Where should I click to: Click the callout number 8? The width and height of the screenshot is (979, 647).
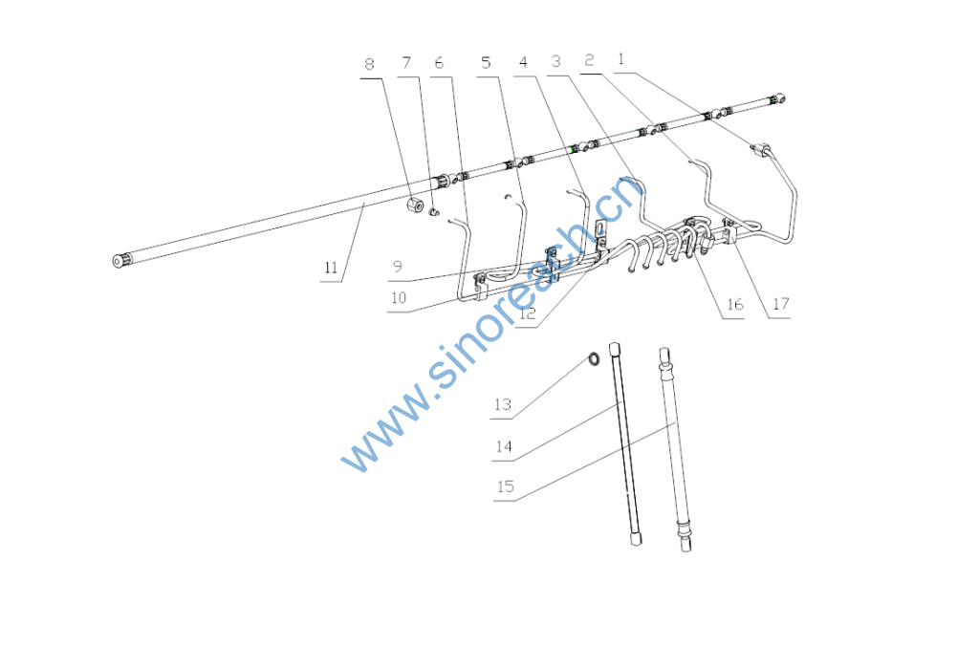pos(370,64)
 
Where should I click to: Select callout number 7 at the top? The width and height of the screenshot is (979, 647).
pos(406,62)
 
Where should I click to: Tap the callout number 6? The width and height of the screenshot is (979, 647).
pos(439,62)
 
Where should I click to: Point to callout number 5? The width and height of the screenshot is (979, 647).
pos(486,62)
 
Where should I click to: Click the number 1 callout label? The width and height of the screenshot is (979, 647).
pos(620,58)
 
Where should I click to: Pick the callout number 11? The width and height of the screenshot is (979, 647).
pos(331,268)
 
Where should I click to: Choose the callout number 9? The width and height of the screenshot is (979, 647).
pos(398,267)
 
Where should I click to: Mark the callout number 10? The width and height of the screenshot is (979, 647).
pos(399,297)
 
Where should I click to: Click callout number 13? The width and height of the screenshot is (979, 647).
pos(503,404)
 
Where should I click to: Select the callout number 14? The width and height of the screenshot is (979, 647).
pos(504,446)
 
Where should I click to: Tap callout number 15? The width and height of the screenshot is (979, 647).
pos(506,486)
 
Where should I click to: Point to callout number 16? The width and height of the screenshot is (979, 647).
pos(735,304)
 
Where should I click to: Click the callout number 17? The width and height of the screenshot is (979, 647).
pos(781,303)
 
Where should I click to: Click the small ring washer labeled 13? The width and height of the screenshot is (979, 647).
pos(593,358)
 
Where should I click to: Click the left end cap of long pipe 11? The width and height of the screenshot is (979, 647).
pos(120,260)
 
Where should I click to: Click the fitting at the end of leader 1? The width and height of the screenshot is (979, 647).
pos(762,150)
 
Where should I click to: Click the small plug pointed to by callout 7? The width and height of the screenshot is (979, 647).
pos(434,213)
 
